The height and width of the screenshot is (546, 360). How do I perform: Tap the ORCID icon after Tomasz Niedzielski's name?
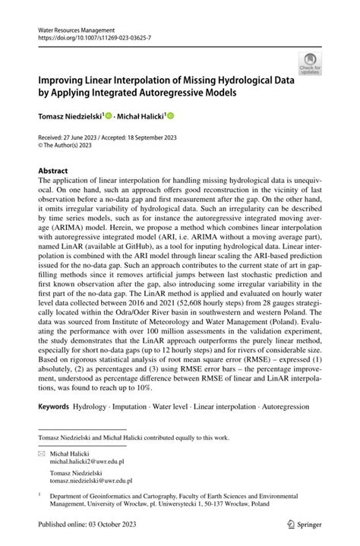[x=109, y=116]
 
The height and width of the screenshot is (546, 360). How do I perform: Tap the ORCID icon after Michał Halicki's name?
[x=171, y=116]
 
